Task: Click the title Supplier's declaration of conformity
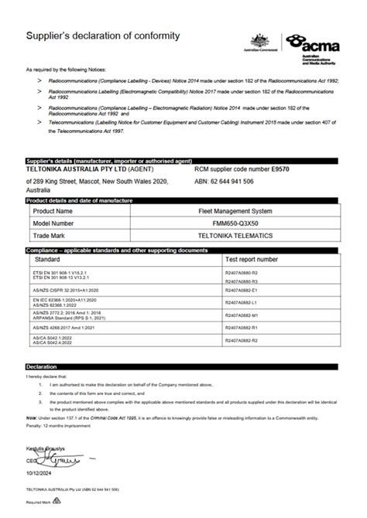click(x=103, y=36)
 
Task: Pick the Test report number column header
click(x=250, y=260)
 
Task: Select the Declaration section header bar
click(x=183, y=366)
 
